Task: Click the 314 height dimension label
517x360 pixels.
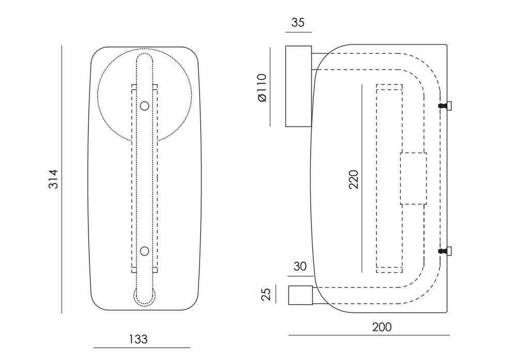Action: (53, 179)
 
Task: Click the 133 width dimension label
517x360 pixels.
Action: (138, 339)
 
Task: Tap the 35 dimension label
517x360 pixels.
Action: (298, 22)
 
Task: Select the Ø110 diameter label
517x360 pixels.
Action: (262, 88)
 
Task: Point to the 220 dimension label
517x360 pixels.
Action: (354, 179)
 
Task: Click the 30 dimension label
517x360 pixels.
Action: (300, 266)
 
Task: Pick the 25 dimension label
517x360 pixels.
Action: (266, 294)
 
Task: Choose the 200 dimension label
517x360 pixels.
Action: (382, 327)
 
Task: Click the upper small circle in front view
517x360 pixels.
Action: (144, 106)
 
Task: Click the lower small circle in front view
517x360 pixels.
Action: (144, 251)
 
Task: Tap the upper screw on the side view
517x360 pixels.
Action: (445, 106)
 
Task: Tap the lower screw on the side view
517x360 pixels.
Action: (445, 251)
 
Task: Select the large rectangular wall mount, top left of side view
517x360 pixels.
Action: (298, 86)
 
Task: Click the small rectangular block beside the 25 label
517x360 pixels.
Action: (300, 295)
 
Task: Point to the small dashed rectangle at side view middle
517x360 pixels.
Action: (414, 178)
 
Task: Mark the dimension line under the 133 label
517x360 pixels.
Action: (142, 348)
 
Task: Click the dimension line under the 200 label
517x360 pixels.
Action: (369, 335)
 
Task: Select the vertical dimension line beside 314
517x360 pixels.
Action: (62, 179)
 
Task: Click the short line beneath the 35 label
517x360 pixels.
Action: (298, 33)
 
